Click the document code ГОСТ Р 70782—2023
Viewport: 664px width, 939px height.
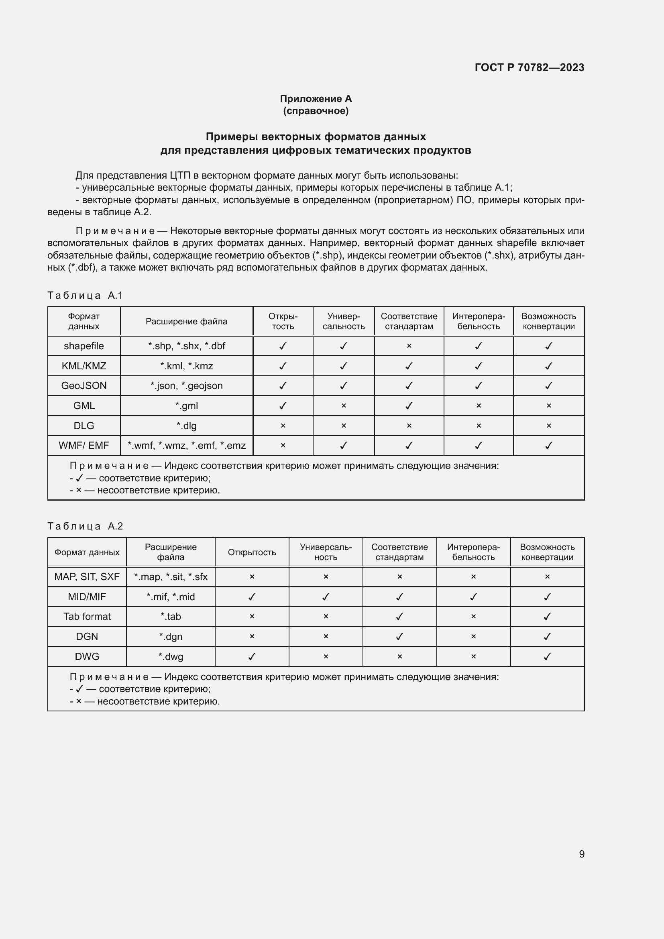pyautogui.click(x=529, y=67)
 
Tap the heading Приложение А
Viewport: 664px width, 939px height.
pyautogui.click(x=316, y=99)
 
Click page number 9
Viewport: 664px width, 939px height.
pyautogui.click(x=581, y=853)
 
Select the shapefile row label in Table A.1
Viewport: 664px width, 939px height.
pyautogui.click(x=84, y=346)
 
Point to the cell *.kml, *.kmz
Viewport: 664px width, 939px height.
pyautogui.click(x=186, y=366)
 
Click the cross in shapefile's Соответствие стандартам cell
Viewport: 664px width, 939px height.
pyautogui.click(x=409, y=346)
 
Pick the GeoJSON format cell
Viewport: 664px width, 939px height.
pyautogui.click(x=84, y=386)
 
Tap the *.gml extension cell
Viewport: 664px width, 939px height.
pyautogui.click(x=186, y=406)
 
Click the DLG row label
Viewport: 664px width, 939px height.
pyautogui.click(x=84, y=426)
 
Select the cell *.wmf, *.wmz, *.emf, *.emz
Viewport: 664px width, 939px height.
pyautogui.click(x=186, y=445)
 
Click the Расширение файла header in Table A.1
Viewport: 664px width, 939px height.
pyautogui.click(x=186, y=322)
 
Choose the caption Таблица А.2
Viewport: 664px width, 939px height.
pyautogui.click(x=85, y=526)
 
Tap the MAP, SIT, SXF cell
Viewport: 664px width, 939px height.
pyautogui.click(x=87, y=576)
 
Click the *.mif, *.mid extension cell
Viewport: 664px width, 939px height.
pyautogui.click(x=171, y=597)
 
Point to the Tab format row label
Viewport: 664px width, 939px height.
pyautogui.click(x=87, y=616)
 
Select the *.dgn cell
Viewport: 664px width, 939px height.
pyautogui.click(x=171, y=636)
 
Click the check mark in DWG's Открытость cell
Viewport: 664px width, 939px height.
pyautogui.click(x=252, y=656)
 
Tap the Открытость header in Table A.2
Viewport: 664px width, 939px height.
pyautogui.click(x=252, y=552)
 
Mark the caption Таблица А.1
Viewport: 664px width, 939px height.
pyautogui.click(x=85, y=295)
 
